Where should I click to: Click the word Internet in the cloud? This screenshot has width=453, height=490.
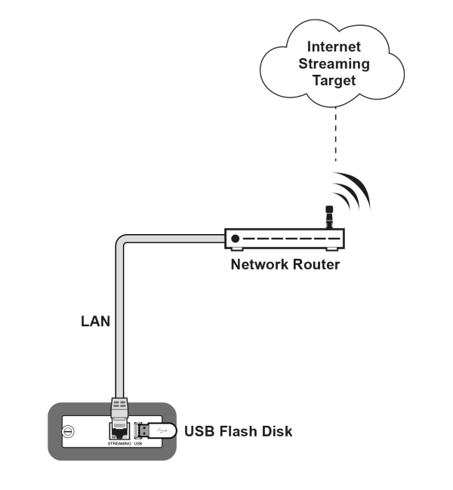click(x=333, y=47)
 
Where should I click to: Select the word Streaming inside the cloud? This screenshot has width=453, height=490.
click(x=333, y=63)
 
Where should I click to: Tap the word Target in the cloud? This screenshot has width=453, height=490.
click(x=333, y=80)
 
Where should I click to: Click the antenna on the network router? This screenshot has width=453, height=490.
click(x=328, y=217)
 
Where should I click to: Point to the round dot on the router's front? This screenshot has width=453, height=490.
click(x=236, y=239)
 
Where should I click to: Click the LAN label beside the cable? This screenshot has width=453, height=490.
click(x=96, y=322)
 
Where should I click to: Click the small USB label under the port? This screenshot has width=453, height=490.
click(x=137, y=444)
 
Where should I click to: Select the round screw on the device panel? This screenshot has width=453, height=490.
click(x=68, y=432)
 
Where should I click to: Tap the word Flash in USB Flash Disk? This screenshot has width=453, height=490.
click(x=238, y=432)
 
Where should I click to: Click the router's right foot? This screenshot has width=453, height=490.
click(x=333, y=248)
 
